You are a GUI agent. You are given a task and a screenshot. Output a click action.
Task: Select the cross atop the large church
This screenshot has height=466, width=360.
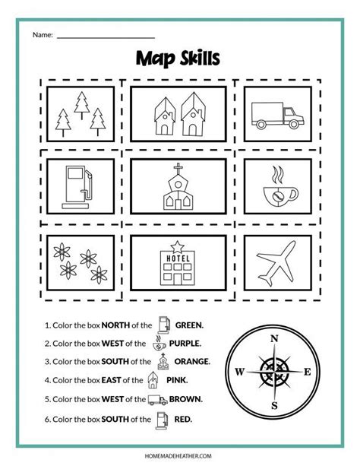[x=179, y=169]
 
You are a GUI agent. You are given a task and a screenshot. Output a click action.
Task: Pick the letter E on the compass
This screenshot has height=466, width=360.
[x=308, y=372]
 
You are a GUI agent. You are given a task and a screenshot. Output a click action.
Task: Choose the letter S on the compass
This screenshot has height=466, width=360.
[x=275, y=406]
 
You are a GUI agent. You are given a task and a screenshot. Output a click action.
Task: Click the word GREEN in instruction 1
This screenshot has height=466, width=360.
[x=188, y=324]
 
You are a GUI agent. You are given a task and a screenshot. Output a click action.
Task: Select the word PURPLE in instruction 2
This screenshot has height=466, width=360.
[x=185, y=343]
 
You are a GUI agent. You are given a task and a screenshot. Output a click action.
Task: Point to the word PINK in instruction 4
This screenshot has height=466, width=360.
[x=178, y=380]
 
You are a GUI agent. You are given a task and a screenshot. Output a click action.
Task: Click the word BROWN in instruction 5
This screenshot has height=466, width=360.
[x=187, y=398]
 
